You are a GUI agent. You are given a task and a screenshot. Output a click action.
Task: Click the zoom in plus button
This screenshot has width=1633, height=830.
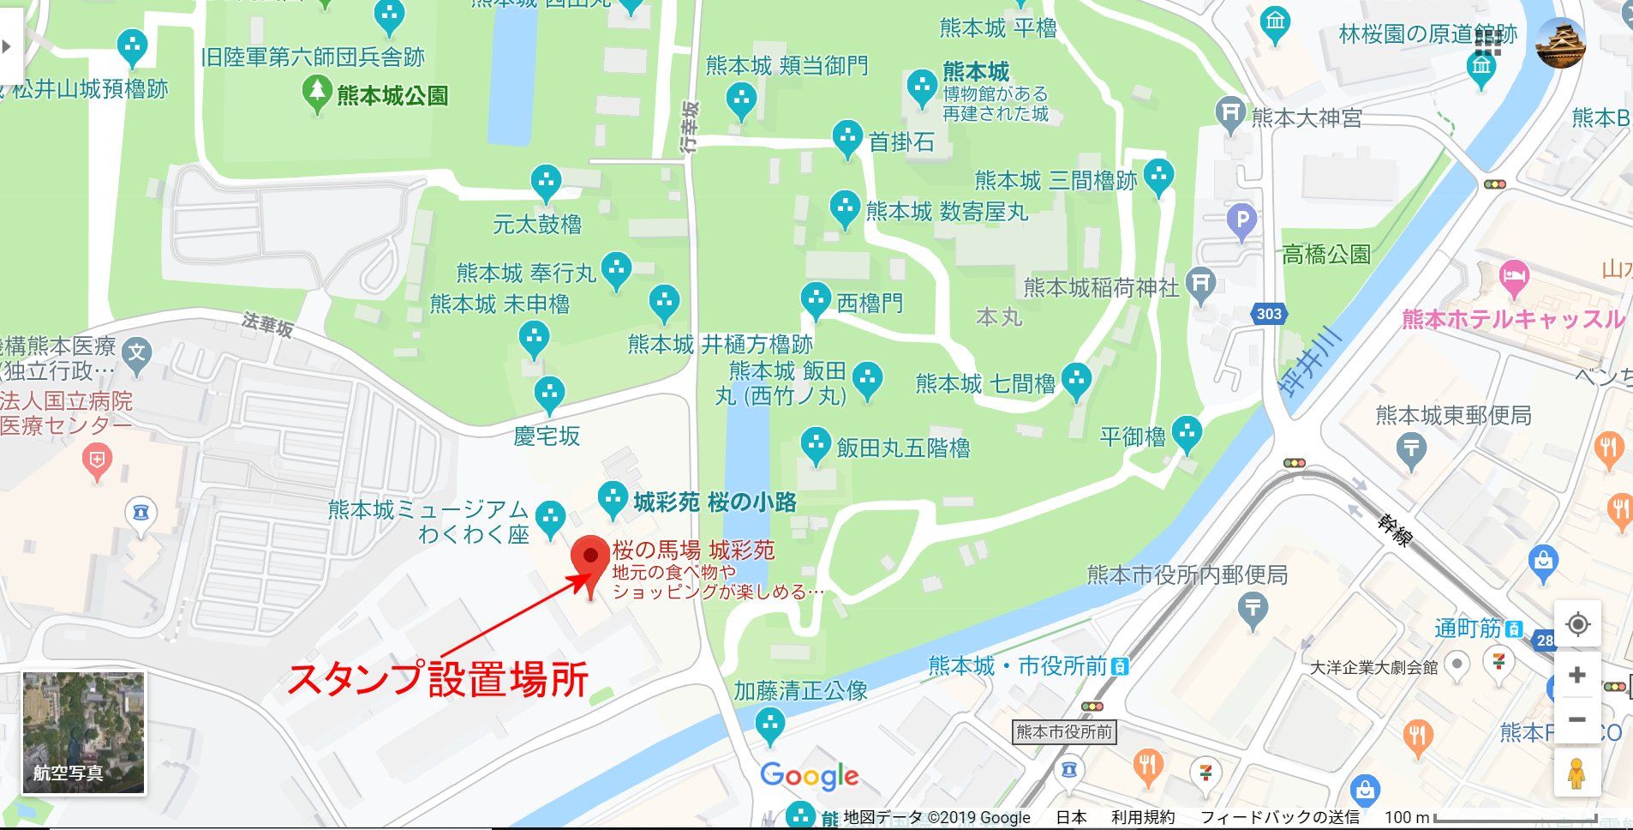1576,676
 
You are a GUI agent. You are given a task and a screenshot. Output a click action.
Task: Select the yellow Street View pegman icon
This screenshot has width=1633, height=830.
1576,773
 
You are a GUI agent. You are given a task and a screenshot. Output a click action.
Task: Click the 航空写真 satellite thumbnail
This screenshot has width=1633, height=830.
84,733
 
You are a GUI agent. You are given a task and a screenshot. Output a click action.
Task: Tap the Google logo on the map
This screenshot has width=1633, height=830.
809,777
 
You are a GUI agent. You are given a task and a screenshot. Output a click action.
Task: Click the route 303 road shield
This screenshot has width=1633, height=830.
1269,314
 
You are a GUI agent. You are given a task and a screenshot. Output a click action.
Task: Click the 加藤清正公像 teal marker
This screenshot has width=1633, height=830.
770,725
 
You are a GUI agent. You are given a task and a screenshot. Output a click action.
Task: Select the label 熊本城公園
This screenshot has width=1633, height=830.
392,95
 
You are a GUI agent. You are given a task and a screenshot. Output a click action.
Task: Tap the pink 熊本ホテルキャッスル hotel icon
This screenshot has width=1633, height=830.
1515,277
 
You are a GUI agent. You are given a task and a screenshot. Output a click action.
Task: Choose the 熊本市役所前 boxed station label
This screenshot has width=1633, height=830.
1063,732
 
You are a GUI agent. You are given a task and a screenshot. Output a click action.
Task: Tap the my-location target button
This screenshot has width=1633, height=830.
1576,624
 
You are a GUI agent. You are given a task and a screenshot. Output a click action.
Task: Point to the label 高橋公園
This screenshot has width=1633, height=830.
1325,255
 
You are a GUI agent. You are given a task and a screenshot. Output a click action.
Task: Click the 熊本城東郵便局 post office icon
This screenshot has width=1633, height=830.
1410,448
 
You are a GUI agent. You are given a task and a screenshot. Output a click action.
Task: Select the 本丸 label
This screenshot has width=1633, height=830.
998,317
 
